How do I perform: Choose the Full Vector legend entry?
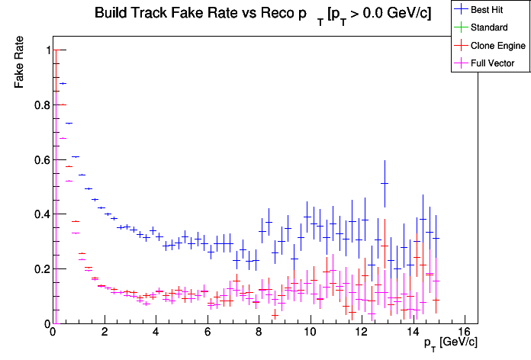(493, 63)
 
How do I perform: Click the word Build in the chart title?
(111, 14)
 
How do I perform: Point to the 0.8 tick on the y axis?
(43, 105)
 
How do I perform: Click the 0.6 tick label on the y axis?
(43, 160)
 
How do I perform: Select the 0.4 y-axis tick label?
(43, 214)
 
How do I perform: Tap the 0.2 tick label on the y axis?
(43, 269)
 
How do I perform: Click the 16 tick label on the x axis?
(465, 333)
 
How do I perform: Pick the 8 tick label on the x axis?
(259, 333)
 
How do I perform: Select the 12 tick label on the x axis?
(362, 333)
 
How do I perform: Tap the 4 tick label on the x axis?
(156, 333)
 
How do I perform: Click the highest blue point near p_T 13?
(385, 183)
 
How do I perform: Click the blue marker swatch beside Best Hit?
(461, 10)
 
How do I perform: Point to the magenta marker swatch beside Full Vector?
(461, 63)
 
